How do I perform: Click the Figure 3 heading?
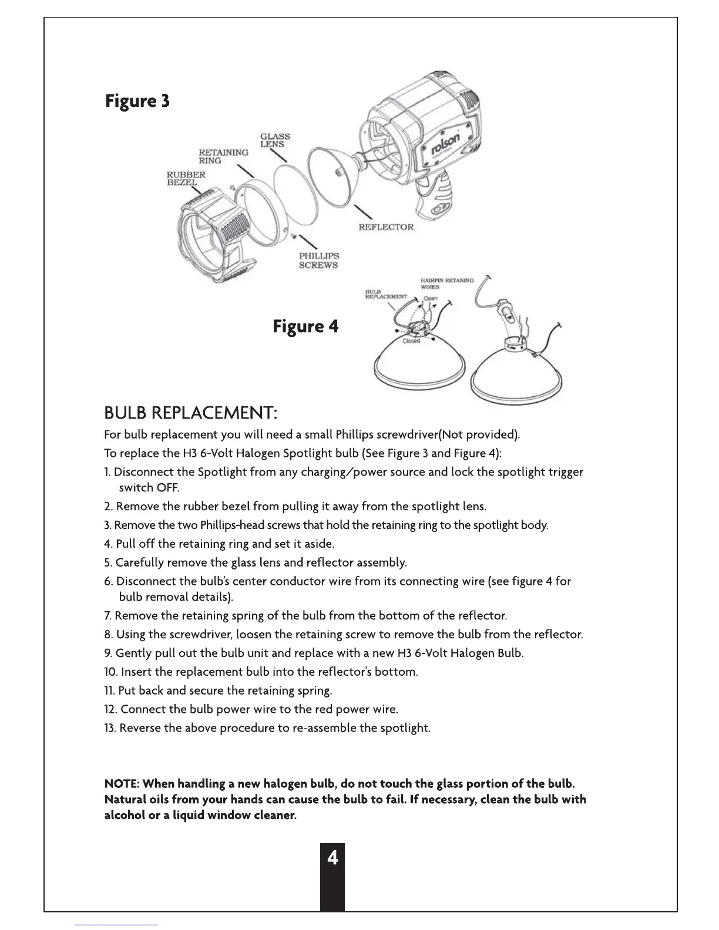137,101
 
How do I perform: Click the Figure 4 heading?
305,326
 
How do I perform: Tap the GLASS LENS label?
275,140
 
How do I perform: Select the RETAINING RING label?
223,156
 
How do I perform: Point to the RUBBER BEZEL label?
186,178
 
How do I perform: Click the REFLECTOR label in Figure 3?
386,227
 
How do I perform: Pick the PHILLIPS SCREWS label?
318,260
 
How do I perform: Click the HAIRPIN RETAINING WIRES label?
446,284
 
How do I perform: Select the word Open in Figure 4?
431,298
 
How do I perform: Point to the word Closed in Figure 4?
411,341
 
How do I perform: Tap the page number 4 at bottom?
332,858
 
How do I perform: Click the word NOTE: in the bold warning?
122,784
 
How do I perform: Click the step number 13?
110,728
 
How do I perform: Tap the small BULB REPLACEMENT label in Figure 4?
385,294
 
